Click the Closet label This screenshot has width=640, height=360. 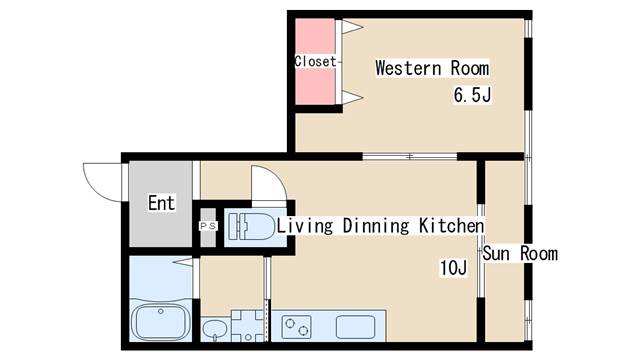tap(316, 62)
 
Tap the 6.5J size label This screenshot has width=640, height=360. tap(472, 95)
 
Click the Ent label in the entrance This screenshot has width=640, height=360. tap(162, 203)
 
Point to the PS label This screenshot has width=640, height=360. tap(208, 226)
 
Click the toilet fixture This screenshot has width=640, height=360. tap(251, 226)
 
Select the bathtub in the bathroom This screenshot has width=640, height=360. tap(161, 321)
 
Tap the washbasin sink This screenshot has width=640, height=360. tap(215, 328)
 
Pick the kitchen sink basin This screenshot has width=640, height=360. tap(356, 327)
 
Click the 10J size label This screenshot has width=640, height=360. tap(453, 268)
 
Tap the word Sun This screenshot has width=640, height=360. tap(496, 253)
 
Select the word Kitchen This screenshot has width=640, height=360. tap(452, 226)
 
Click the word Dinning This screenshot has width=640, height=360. tap(376, 226)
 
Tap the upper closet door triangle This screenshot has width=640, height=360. tap(352, 27)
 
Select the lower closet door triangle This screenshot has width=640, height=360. tap(352, 97)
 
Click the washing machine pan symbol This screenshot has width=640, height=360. tap(248, 326)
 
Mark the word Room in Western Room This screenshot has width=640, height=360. tap(470, 68)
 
